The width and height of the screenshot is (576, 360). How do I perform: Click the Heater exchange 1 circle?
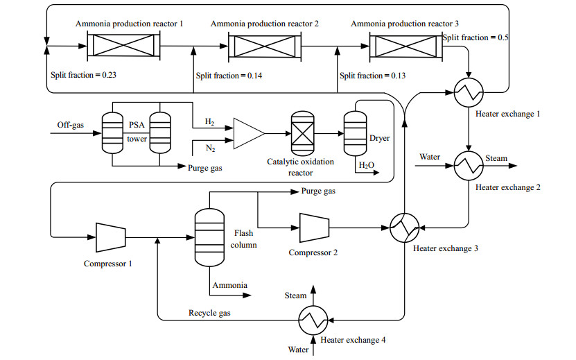pyautogui.click(x=470, y=90)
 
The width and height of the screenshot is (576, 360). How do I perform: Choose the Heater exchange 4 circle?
pyautogui.click(x=313, y=320)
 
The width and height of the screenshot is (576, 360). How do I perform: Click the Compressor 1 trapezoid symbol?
pyautogui.click(x=110, y=237)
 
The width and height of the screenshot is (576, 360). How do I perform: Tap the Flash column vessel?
pyautogui.click(x=208, y=237)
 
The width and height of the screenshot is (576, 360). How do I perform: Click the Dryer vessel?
pyautogui.click(x=355, y=133)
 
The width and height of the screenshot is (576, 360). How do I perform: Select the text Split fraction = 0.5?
pyautogui.click(x=475, y=37)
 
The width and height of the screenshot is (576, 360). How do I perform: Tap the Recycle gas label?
pyautogui.click(x=209, y=313)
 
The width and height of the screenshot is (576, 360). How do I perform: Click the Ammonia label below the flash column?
pyautogui.click(x=230, y=285)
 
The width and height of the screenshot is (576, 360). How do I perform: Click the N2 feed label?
pyautogui.click(x=209, y=147)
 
